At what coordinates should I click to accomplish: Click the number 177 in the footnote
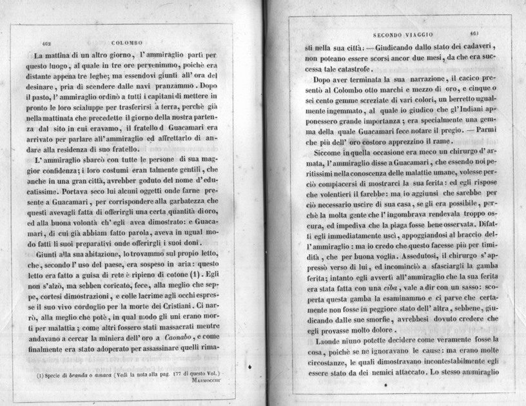(179, 373)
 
